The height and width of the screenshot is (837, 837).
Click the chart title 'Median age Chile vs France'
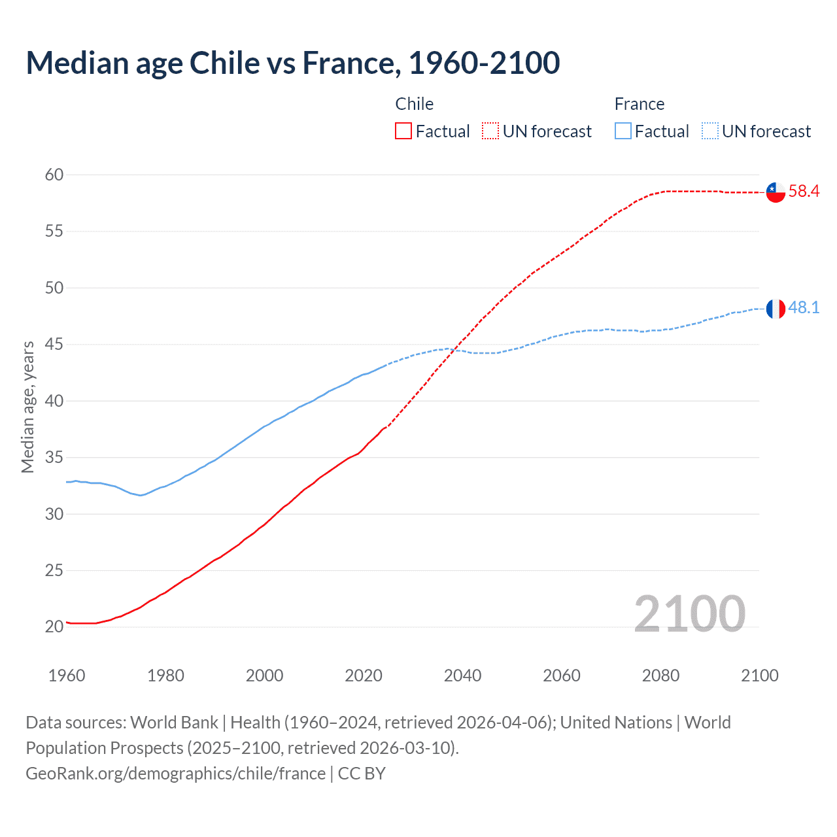click(x=292, y=63)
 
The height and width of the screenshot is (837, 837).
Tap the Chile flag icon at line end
click(x=776, y=192)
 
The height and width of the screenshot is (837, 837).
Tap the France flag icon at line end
click(x=776, y=309)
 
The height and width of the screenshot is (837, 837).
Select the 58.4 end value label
click(x=804, y=192)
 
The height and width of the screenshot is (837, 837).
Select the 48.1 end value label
click(x=804, y=308)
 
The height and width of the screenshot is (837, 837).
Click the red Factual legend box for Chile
click(x=403, y=131)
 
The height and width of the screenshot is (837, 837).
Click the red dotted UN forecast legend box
click(x=490, y=131)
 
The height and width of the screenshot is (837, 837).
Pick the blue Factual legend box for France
click(x=623, y=131)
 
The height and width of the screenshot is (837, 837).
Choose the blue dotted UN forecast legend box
click(x=710, y=131)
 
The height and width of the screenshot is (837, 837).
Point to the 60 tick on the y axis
click(x=54, y=175)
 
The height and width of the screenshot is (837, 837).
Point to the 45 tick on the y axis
click(x=54, y=345)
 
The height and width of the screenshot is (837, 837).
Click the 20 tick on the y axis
click(x=54, y=626)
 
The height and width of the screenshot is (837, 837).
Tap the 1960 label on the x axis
click(x=67, y=675)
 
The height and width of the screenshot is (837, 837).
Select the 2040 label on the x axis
click(x=462, y=675)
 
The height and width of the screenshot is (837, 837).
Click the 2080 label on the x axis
click(x=660, y=675)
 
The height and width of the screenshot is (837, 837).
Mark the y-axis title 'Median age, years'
click(x=27, y=407)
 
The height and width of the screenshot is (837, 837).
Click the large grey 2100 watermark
click(x=689, y=613)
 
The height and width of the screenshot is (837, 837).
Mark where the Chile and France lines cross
click(x=456, y=350)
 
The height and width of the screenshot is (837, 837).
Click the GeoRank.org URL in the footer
click(x=175, y=774)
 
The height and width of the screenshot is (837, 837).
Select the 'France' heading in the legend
click(x=639, y=104)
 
